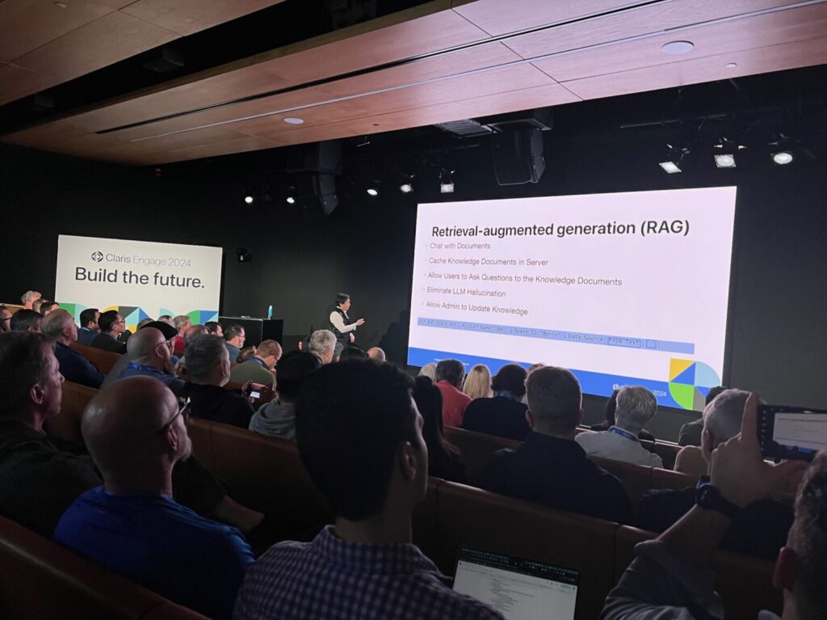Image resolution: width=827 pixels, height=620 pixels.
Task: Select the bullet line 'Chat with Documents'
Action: [x=460, y=246]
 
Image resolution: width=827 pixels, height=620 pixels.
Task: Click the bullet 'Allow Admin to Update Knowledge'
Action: [x=479, y=310]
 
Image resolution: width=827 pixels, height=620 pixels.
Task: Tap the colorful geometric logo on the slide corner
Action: [x=693, y=383]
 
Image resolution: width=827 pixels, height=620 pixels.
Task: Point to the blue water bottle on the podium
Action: [x=270, y=311]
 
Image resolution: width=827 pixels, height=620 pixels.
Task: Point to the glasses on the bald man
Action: [x=175, y=415]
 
